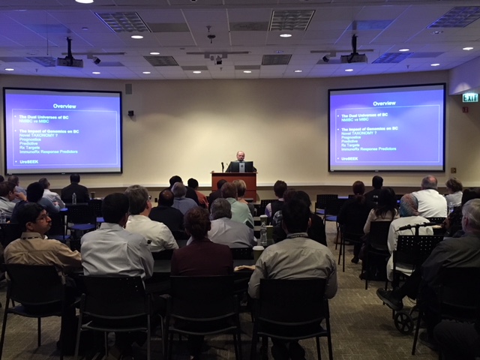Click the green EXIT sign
tap(470, 97)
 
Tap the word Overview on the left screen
tap(64, 106)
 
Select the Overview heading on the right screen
tap(384, 103)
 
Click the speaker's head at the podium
tap(241, 156)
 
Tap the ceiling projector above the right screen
tap(353, 57)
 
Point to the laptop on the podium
tap(246, 167)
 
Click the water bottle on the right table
tap(265, 235)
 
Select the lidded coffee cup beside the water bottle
tap(258, 253)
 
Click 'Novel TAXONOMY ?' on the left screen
tap(38, 136)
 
